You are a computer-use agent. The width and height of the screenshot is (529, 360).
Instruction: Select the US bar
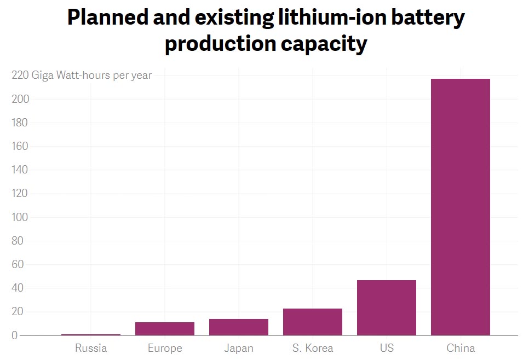pyautogui.click(x=386, y=307)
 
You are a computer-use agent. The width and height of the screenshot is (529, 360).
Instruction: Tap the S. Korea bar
pyautogui.click(x=312, y=322)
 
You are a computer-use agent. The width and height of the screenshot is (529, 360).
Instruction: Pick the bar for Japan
pyautogui.click(x=238, y=327)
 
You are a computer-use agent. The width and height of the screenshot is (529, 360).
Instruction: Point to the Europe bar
pyautogui.click(x=164, y=328)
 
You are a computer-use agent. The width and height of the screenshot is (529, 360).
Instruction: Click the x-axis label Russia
pyautogui.click(x=91, y=348)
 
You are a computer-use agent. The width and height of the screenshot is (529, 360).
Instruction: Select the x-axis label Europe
pyautogui.click(x=164, y=348)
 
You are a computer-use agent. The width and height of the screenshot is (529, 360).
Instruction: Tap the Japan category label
pyautogui.click(x=238, y=348)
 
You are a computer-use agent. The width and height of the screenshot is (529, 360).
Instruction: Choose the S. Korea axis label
pyautogui.click(x=312, y=348)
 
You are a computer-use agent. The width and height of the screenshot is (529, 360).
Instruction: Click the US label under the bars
pyautogui.click(x=386, y=348)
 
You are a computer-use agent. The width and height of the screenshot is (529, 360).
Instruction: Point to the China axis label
pyautogui.click(x=460, y=348)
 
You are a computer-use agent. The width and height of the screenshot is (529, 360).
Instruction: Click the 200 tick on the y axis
pyautogui.click(x=20, y=99)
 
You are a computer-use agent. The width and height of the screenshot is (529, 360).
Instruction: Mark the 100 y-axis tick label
pyautogui.click(x=20, y=217)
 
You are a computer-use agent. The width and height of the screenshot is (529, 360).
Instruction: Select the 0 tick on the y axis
pyautogui.click(x=15, y=335)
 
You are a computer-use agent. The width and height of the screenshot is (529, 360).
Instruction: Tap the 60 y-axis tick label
pyautogui.click(x=18, y=264)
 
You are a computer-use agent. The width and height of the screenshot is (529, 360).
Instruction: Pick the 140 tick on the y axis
pyautogui.click(x=20, y=170)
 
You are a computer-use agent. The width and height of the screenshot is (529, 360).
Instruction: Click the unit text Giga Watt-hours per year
pyautogui.click(x=91, y=76)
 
